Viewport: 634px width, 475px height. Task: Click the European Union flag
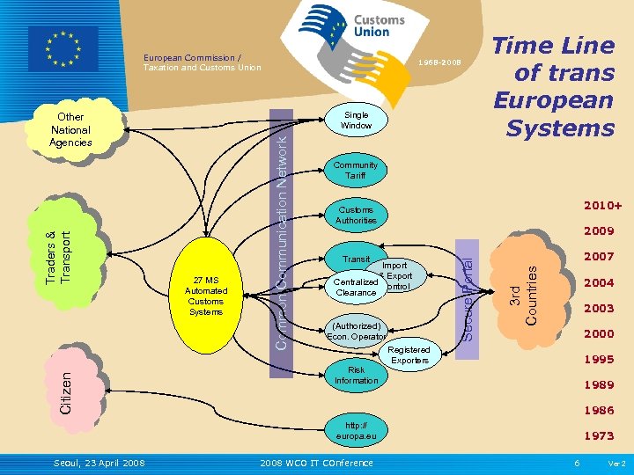tap(63, 49)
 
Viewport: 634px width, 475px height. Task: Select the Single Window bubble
tap(357, 121)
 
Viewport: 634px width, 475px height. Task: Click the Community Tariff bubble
tap(355, 170)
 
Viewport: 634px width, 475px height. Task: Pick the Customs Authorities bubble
tap(356, 216)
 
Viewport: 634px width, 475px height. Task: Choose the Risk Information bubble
tap(356, 376)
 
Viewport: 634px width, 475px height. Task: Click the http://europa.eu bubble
tap(356, 430)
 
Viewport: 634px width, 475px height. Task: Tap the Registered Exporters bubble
tap(409, 354)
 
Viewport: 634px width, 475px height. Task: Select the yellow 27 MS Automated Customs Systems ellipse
tap(206, 296)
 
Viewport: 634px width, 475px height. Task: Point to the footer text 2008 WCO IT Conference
tap(317, 463)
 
